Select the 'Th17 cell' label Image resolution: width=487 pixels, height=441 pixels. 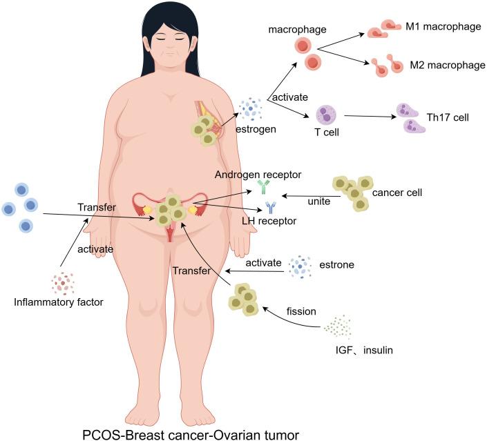pos(452,117)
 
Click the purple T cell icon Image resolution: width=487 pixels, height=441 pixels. pos(325,115)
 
